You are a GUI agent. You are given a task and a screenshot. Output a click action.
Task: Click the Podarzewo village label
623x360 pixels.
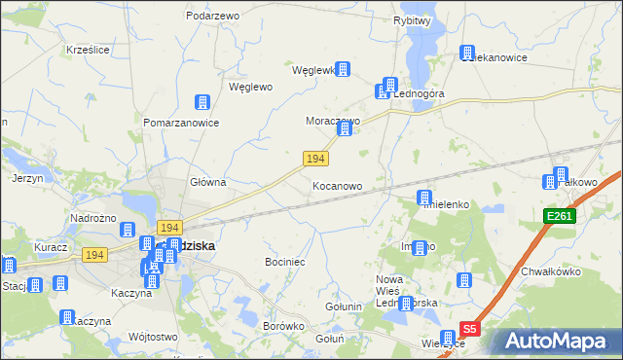[212, 16]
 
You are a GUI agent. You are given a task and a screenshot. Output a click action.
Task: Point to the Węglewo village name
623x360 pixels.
[250, 86]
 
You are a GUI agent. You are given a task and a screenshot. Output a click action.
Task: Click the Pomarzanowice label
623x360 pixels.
[181, 124]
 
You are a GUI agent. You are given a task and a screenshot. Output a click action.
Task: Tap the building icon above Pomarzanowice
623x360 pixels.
[202, 102]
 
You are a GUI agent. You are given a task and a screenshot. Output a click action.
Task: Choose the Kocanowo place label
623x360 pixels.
[338, 185]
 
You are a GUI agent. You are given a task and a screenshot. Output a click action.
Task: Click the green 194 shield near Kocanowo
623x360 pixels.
[314, 158]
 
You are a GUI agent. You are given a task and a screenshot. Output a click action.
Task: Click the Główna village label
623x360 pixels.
[207, 181]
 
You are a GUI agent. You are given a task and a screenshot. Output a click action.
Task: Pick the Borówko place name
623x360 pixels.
[284, 326]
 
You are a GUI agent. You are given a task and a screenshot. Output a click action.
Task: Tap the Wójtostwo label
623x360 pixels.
[152, 337]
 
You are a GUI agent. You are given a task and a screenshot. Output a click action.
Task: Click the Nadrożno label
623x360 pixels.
[93, 218]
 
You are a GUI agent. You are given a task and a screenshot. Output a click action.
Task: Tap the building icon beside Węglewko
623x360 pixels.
[343, 70]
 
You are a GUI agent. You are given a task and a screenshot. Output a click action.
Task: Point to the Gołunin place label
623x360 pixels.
[343, 307]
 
